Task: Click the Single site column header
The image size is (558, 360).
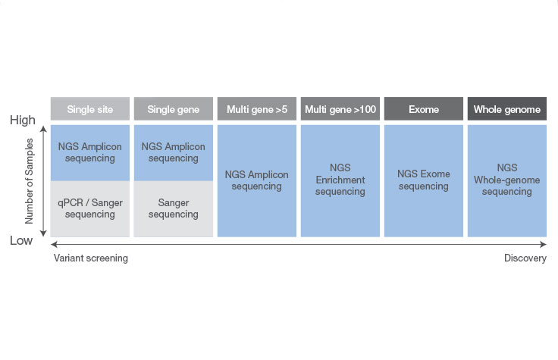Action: click(90, 109)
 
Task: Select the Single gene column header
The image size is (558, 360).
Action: click(174, 109)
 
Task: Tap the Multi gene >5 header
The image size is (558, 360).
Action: click(257, 109)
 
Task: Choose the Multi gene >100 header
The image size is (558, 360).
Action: click(340, 109)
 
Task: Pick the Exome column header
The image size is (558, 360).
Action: click(424, 109)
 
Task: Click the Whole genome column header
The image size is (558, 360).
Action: click(507, 109)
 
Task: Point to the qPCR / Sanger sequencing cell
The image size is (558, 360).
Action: click(90, 208)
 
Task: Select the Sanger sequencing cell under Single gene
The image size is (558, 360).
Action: click(174, 208)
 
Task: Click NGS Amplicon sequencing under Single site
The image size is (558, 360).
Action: click(90, 152)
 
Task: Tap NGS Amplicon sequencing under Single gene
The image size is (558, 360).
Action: click(174, 152)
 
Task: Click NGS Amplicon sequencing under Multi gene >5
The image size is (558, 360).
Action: click(257, 180)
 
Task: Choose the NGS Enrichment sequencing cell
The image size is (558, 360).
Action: click(340, 180)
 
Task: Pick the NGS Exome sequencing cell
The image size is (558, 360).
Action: click(424, 180)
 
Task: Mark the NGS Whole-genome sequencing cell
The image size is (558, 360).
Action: click(507, 180)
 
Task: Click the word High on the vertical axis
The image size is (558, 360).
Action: click(23, 121)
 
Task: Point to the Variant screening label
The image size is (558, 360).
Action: click(91, 258)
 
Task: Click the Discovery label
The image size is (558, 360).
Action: click(525, 258)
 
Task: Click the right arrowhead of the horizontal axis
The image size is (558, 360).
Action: click(543, 244)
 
